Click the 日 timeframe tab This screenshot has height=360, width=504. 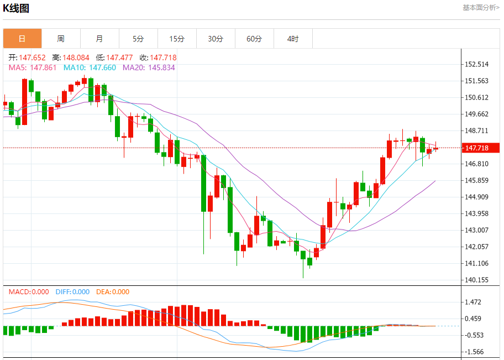(x=22, y=39)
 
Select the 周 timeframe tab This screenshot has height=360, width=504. (x=61, y=39)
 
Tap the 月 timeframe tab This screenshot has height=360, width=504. (x=99, y=39)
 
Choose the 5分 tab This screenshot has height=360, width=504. (x=138, y=39)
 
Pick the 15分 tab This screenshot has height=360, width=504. (x=177, y=39)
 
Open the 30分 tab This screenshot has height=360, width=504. (x=216, y=39)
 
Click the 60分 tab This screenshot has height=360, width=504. (x=254, y=39)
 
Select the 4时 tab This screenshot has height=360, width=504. (x=293, y=39)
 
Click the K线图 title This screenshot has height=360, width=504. (x=16, y=8)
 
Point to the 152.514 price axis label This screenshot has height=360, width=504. (x=477, y=64)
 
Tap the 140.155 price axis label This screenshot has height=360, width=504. (x=477, y=280)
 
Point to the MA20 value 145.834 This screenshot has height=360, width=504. (x=149, y=67)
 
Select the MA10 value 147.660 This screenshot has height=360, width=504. (x=92, y=67)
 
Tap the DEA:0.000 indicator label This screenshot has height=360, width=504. (x=113, y=292)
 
